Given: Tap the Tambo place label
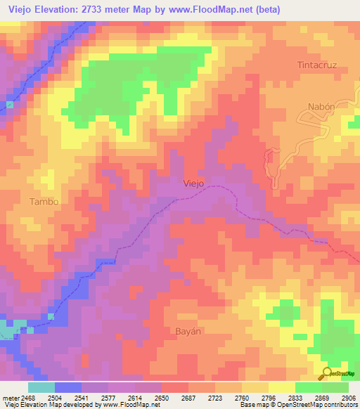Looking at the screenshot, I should (44, 202).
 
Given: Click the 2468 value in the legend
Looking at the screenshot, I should (28, 397).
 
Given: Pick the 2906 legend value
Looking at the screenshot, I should (348, 397).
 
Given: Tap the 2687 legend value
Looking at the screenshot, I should (188, 397).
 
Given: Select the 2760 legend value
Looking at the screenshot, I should (242, 397).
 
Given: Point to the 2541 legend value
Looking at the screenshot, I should (82, 397).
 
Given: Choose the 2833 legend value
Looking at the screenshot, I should (295, 397).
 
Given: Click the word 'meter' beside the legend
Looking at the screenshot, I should (10, 397).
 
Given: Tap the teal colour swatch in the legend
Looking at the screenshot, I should (41, 387).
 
